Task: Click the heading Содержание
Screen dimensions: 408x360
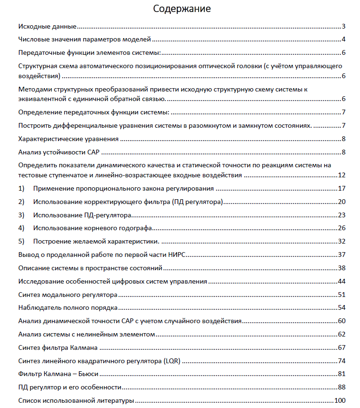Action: (182, 9)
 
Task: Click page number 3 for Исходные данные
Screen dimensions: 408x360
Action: (343, 26)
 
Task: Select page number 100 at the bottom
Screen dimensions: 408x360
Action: (340, 400)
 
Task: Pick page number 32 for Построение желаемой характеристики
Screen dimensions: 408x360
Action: (341, 241)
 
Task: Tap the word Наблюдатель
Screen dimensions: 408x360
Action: (39, 307)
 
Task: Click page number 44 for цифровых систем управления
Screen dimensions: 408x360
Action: (341, 281)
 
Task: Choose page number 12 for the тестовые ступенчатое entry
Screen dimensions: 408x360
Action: (341, 175)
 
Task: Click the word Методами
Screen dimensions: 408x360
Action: (35, 89)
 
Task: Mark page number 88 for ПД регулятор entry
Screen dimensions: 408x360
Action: (341, 387)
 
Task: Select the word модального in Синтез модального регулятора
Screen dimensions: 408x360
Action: (61, 294)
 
